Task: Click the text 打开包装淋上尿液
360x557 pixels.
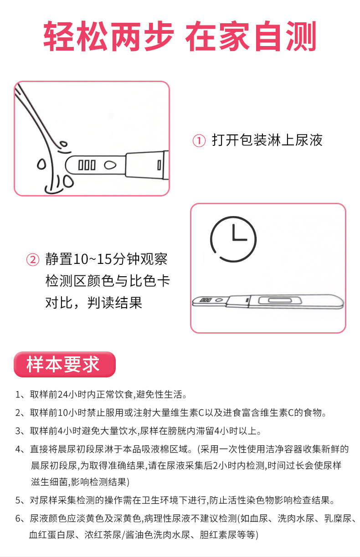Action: (267, 140)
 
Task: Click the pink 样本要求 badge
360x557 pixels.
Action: (64, 364)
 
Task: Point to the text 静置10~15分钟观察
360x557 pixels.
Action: (107, 259)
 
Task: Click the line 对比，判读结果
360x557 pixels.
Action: (93, 302)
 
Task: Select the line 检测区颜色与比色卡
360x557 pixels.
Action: (108, 281)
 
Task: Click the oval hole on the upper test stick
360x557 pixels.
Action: (110, 165)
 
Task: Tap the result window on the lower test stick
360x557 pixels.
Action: (278, 300)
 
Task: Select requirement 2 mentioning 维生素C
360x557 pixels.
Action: (178, 413)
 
